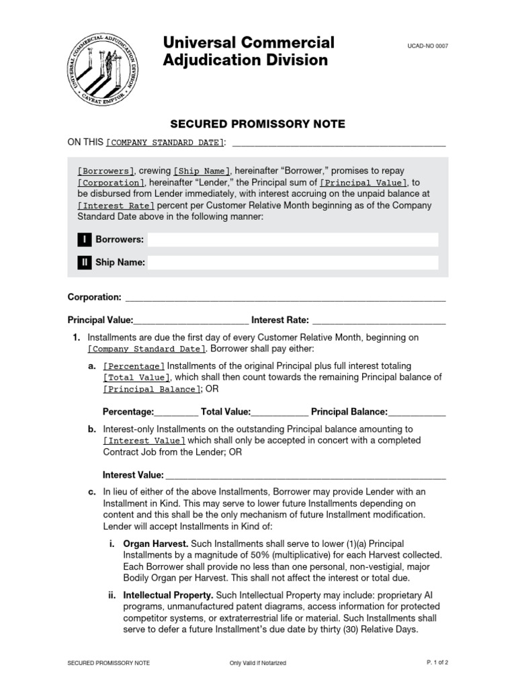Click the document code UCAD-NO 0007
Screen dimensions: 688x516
(x=427, y=46)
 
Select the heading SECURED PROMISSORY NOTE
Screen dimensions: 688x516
(x=258, y=124)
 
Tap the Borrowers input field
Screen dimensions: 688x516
(x=292, y=240)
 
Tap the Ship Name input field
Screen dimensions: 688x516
(x=292, y=263)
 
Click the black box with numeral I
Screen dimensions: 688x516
(x=85, y=240)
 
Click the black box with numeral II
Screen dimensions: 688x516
(x=85, y=263)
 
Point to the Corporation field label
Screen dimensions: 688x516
(x=95, y=297)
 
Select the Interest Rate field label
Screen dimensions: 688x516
(x=280, y=320)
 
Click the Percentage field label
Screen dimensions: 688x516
(x=128, y=412)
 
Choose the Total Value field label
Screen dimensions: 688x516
(x=226, y=412)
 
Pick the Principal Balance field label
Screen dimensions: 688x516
(x=349, y=412)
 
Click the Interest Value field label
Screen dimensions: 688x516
(x=133, y=475)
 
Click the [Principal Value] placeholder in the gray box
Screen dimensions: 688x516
(x=363, y=183)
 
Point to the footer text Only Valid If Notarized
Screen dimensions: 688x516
(x=257, y=663)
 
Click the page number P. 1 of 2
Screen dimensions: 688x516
(x=437, y=662)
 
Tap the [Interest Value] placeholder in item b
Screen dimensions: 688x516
(x=144, y=441)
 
